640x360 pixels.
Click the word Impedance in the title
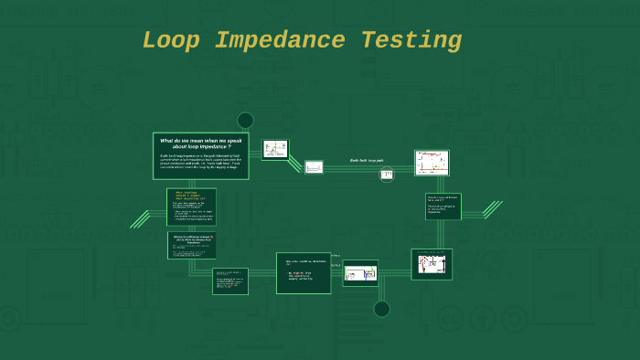point(281,41)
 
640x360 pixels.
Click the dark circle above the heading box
point(245,121)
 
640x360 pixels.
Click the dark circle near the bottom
point(382,309)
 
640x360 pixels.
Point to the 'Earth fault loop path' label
point(367,160)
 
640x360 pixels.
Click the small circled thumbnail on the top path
point(387,175)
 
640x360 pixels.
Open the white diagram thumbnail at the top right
point(432,163)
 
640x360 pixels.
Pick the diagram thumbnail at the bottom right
point(432,264)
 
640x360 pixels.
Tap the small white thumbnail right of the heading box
point(275,149)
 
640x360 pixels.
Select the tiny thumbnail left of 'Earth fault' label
point(314,167)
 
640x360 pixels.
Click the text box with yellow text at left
point(192,206)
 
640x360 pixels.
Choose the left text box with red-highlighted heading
point(192,246)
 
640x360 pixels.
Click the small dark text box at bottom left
point(230,281)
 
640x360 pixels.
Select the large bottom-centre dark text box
point(304,272)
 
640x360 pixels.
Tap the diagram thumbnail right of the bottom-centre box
point(360,272)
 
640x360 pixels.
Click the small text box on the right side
point(443,206)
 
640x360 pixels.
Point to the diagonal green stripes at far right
point(492,210)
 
